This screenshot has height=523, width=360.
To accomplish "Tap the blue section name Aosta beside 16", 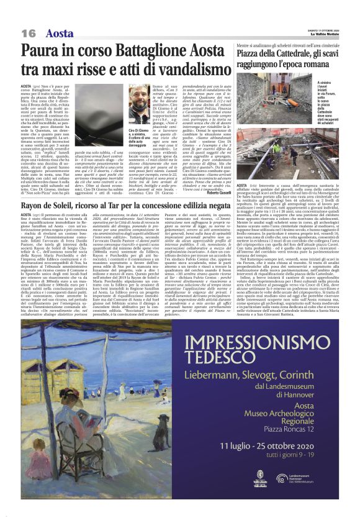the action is click(x=60, y=33).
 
